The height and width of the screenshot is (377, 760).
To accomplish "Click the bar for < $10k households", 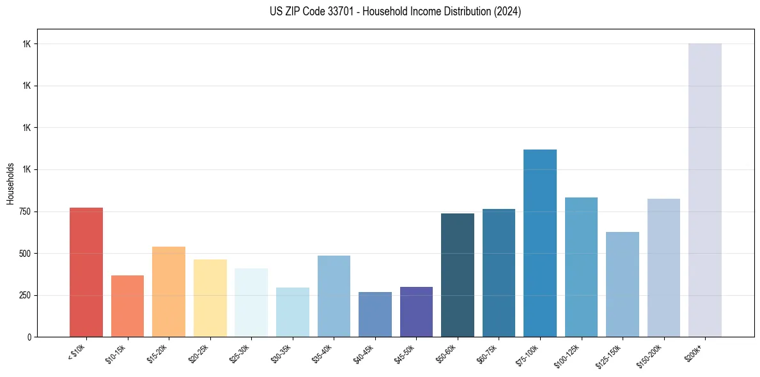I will click(86, 272).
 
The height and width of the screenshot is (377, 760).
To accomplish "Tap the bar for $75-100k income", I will click(540, 243).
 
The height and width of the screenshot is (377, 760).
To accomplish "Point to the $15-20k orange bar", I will click(169, 291).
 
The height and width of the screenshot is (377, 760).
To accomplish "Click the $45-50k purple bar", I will click(416, 312).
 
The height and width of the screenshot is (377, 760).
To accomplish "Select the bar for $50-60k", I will click(458, 275).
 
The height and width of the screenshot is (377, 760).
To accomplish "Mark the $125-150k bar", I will click(623, 284).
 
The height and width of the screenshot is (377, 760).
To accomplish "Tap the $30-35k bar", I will click(293, 312).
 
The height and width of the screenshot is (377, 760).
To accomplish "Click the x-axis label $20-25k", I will click(199, 353).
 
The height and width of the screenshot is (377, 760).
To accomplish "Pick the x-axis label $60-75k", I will click(488, 353).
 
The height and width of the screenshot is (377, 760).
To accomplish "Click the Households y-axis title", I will click(10, 183).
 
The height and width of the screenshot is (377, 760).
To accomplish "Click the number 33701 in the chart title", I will click(336, 12).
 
